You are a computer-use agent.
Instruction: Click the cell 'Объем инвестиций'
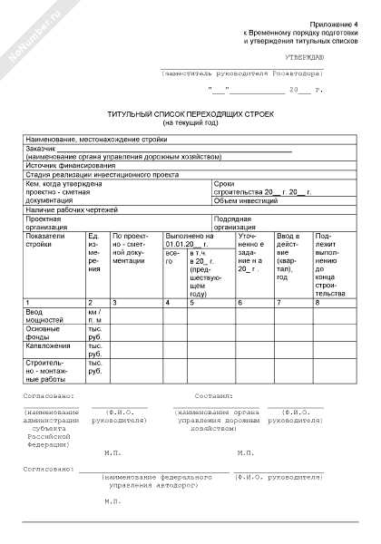(x=241, y=200)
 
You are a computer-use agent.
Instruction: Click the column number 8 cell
(x=317, y=301)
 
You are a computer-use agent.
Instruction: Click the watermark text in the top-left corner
(x=33, y=33)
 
